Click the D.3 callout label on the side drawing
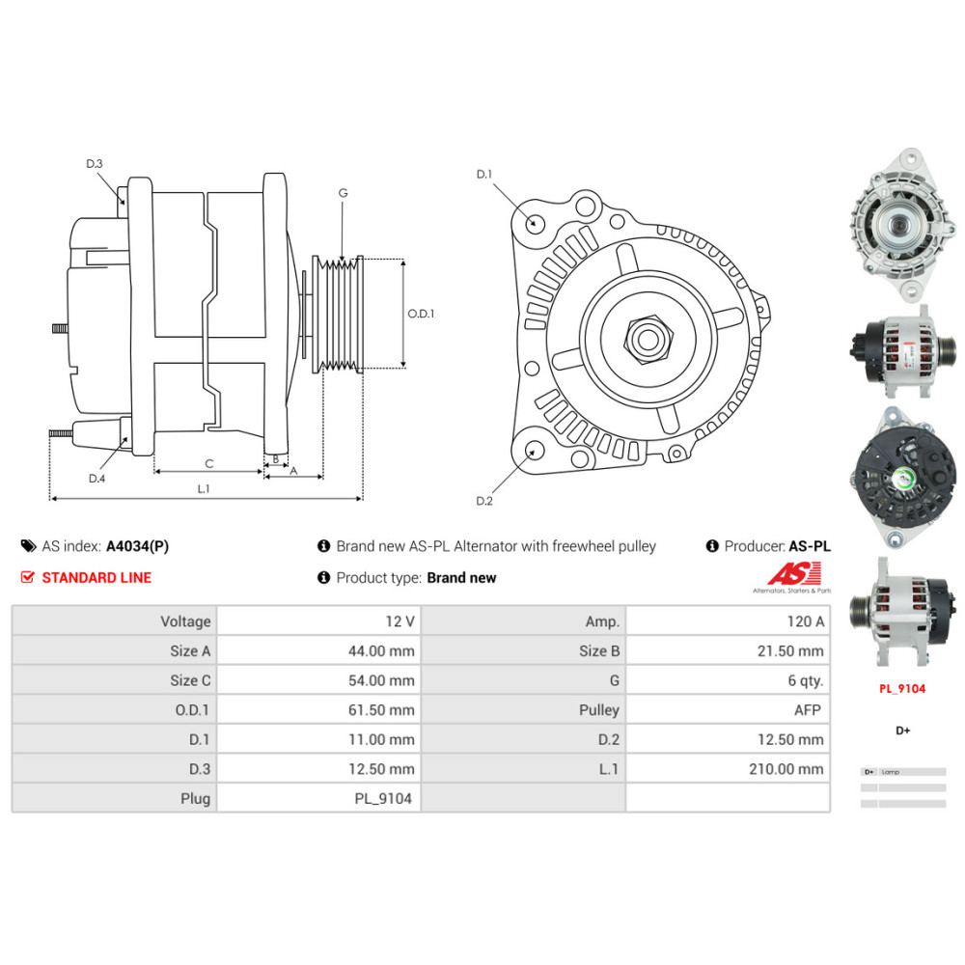click(94, 164)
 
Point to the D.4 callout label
click(96, 479)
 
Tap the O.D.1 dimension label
click(421, 314)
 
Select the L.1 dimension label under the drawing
click(204, 489)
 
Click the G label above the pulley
click(343, 193)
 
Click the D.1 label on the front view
click(484, 175)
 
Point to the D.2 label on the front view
click(484, 501)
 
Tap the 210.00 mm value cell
click(786, 769)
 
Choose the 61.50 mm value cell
click(382, 710)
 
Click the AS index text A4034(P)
click(137, 546)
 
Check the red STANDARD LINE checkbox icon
click(27, 578)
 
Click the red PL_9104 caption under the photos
click(901, 689)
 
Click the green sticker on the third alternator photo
click(904, 477)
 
